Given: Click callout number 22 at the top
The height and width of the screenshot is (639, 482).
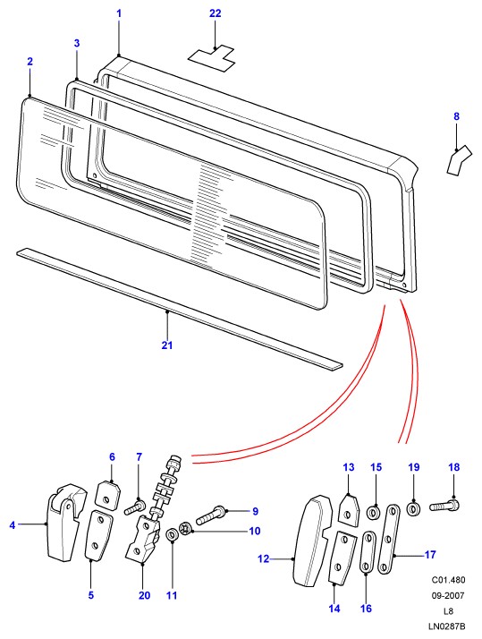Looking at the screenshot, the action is pos(215,13).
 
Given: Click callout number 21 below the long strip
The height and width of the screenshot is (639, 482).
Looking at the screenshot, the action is pos(167,345).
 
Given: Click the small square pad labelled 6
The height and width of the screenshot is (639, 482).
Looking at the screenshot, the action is pos(108,495).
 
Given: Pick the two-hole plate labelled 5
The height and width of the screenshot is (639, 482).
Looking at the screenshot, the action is pos(98,535).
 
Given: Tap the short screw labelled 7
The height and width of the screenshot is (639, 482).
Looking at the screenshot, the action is pos(135,507).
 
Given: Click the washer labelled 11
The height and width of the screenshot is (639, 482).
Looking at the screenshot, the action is pos(172,534).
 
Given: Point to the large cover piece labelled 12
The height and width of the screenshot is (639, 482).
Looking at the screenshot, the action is pos(313,541).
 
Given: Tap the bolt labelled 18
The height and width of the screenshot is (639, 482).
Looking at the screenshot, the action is pos(444,506).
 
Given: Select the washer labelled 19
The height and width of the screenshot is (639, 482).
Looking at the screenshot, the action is pos(414,509).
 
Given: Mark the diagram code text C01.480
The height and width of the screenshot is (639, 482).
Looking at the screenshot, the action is pos(448,580).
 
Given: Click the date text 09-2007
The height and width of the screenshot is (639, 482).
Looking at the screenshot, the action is pos(448,595).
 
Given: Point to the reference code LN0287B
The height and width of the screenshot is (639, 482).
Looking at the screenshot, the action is pos(446,626).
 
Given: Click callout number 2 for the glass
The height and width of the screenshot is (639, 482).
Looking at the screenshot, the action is pos(30,62).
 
